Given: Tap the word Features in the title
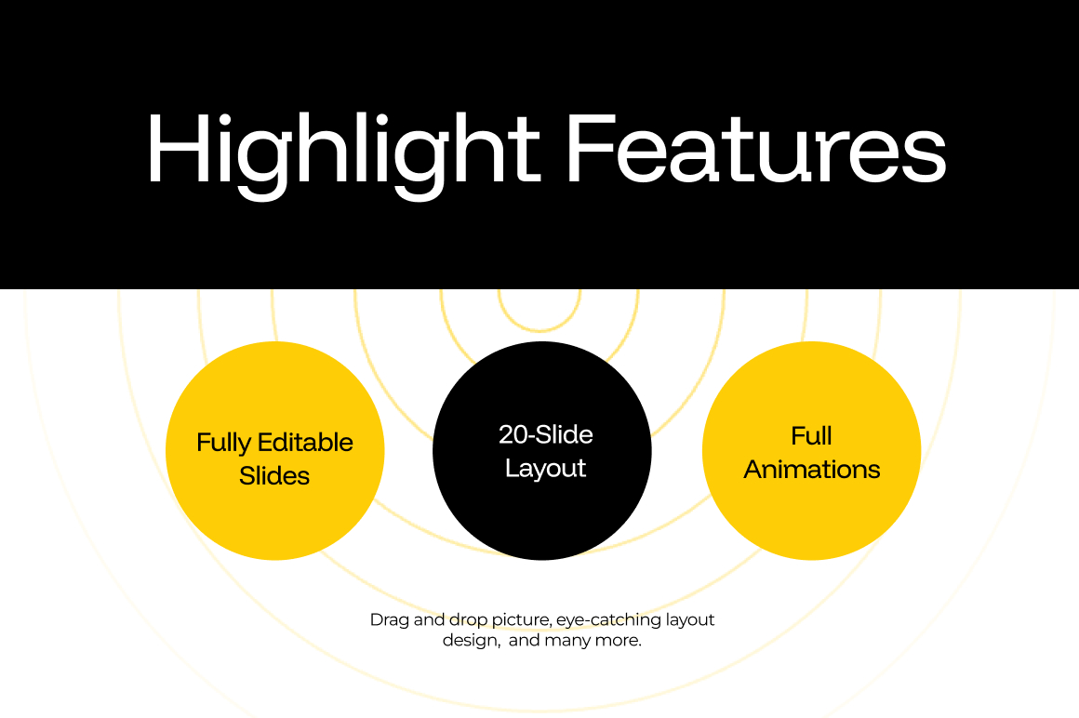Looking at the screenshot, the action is coord(757,149).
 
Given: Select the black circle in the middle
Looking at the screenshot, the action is coord(542,450).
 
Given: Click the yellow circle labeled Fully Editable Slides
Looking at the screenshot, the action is coord(275,450).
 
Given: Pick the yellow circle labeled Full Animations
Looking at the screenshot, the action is coord(811,450).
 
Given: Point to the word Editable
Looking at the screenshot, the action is coord(304,442).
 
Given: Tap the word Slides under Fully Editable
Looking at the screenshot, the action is coord(273,476).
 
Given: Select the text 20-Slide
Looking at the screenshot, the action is coord(546,434).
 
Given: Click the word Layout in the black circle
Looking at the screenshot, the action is coord(545,469).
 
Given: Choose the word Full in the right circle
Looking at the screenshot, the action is coord(811,436).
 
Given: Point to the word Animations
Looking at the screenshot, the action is coord(812,470).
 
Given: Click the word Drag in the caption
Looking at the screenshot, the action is coord(390,620).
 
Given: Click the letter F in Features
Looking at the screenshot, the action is coord(591,149).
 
